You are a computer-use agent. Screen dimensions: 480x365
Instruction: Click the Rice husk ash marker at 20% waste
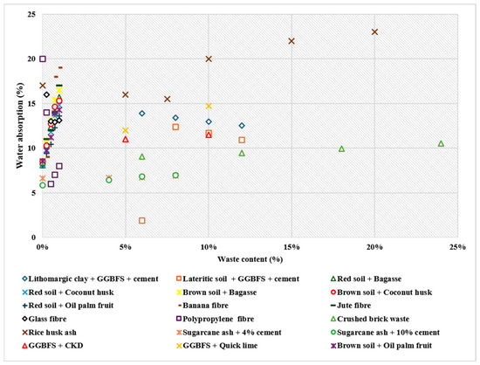coord(374,31)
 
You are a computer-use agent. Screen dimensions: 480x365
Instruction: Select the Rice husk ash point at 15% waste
coord(291,41)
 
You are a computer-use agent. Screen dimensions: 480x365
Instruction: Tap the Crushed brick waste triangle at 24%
coord(441,143)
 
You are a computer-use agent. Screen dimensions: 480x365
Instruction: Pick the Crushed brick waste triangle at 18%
coord(341,148)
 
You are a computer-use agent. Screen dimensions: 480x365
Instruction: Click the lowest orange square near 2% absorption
coord(141,220)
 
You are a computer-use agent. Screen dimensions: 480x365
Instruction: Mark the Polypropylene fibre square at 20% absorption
coord(43,59)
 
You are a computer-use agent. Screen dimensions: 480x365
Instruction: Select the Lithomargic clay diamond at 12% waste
coord(242,126)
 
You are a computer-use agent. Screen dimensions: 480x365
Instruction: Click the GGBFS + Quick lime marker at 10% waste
coord(209,106)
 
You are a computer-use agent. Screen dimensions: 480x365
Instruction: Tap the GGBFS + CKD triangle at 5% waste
coord(125,140)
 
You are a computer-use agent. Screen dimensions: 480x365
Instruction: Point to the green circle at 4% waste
coord(109,180)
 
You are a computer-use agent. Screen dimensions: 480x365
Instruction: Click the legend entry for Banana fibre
coord(202,306)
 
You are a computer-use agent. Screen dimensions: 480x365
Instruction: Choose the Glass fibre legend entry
coord(45,319)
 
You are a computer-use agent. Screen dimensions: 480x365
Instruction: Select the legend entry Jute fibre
coord(352,306)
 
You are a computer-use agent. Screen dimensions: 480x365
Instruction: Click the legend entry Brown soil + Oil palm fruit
coord(381,346)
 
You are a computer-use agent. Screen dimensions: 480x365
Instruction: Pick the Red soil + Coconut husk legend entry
coord(68,293)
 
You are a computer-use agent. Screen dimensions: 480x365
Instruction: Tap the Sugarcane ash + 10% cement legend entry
coord(386,333)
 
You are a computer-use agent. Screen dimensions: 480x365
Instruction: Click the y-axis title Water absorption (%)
coord(20,126)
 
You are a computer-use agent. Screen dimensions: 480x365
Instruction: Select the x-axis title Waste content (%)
coord(250,259)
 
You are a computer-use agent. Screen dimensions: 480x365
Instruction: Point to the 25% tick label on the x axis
coord(457,247)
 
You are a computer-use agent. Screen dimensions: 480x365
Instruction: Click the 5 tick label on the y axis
coord(33,193)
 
